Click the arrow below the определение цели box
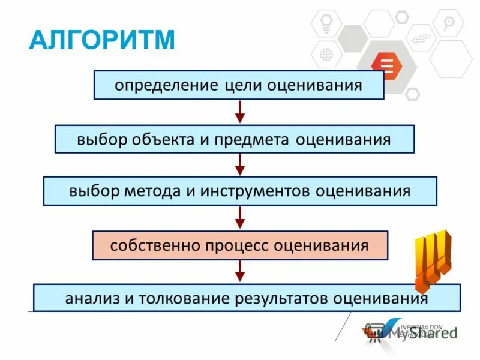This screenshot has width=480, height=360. (x=239, y=112)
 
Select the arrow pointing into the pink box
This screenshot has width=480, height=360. (x=239, y=217)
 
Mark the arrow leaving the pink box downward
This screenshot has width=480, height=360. (x=239, y=271)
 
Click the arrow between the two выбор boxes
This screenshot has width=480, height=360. (x=239, y=164)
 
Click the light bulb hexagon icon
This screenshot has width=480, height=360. (x=327, y=23)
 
